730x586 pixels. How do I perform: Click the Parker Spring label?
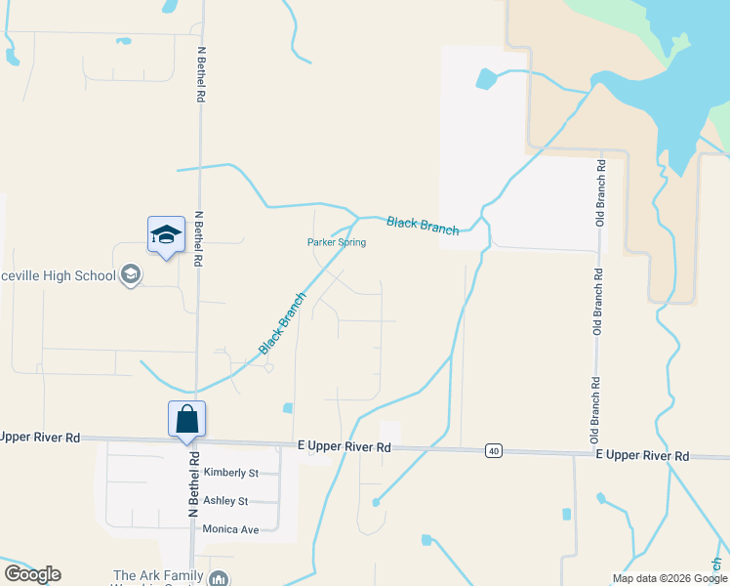337,242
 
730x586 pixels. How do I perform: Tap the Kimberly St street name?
230,473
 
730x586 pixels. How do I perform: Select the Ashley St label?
225,501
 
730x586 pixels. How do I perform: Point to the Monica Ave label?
230,529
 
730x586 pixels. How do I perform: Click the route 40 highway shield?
495,450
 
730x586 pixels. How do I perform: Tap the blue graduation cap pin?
166,235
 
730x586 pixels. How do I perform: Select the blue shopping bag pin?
187,421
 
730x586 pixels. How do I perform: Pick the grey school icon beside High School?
131,275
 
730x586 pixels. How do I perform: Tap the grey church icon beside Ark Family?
219,578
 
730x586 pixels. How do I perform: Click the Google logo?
32,574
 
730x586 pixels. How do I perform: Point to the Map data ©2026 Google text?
669,578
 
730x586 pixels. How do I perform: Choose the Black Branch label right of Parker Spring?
423,225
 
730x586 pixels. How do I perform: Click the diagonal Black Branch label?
283,322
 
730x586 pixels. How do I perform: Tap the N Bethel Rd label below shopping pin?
194,484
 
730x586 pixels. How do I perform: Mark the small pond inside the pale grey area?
485,79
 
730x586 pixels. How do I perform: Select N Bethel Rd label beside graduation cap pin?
199,240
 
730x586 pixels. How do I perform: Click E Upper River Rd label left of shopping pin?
40,438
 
